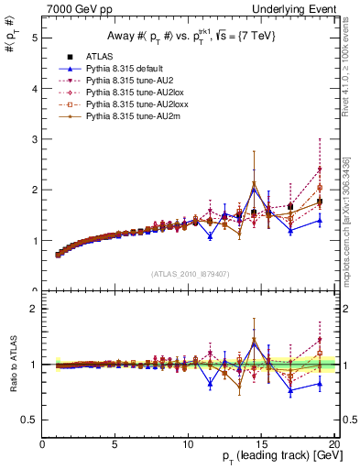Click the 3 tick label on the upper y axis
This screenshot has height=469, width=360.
(35, 139)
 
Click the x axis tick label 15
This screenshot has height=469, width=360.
(262, 444)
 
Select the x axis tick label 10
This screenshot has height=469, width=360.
(188, 444)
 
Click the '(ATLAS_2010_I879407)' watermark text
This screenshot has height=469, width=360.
(189, 273)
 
